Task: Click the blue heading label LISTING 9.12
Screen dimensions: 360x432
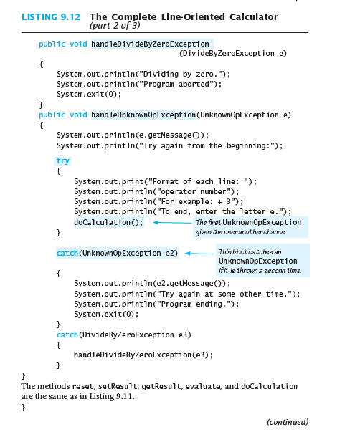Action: coord(51,17)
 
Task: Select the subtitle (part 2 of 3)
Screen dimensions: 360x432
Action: coord(115,26)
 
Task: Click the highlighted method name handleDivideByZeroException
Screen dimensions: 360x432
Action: coord(150,44)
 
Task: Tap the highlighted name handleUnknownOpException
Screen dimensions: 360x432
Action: coord(143,115)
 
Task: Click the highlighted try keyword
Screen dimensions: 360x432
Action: coord(63,161)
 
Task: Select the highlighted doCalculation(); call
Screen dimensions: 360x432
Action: coord(109,222)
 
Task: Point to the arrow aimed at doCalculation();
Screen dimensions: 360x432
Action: coord(172,222)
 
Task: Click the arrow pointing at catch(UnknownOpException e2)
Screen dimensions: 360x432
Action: coord(199,254)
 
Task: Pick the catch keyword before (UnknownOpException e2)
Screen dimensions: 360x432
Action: coord(67,253)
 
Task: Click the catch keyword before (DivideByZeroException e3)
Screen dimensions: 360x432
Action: coord(67,335)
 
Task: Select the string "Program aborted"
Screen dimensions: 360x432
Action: coord(176,84)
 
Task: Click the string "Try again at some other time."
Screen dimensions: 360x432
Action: coord(224,294)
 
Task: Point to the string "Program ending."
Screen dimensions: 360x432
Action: coord(194,304)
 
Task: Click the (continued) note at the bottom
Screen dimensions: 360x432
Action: coord(288,422)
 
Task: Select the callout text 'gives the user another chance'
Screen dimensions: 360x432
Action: coord(240,232)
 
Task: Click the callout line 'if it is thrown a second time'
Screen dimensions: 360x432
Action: coord(260,271)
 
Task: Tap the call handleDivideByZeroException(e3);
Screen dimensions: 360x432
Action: coord(143,355)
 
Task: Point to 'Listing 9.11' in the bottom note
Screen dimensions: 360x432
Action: coord(112,396)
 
